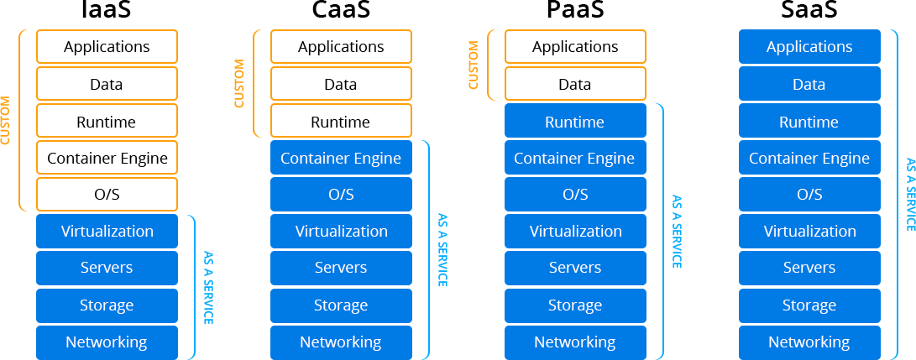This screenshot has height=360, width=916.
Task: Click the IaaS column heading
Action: click(x=107, y=10)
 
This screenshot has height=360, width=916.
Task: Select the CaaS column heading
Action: click(x=341, y=10)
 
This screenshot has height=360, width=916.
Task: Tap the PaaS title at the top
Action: click(x=575, y=10)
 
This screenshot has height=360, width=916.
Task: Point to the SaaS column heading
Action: click(x=809, y=10)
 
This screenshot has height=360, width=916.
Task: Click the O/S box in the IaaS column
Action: click(x=107, y=195)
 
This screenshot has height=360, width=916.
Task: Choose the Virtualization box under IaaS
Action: click(x=107, y=232)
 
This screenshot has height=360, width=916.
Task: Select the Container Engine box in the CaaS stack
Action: click(x=341, y=159)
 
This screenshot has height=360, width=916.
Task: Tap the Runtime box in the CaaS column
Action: click(x=341, y=122)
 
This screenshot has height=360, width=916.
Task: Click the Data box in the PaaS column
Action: click(x=575, y=84)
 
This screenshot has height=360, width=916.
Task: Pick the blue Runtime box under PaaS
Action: click(x=575, y=122)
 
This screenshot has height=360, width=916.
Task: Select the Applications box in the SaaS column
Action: click(x=809, y=47)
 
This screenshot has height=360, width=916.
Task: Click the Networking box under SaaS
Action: click(x=809, y=342)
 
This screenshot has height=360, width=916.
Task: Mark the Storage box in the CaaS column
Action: click(x=341, y=305)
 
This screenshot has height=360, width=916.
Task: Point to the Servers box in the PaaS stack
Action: click(x=575, y=269)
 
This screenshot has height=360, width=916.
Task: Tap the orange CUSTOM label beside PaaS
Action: click(x=474, y=65)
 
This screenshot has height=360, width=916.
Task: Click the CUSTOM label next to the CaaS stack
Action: click(x=239, y=84)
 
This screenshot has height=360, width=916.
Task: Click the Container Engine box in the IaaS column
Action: click(x=107, y=159)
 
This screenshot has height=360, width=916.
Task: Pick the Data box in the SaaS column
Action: click(x=809, y=84)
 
